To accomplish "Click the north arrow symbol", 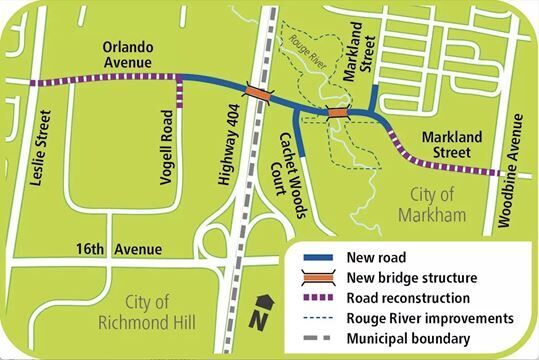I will point(262,309).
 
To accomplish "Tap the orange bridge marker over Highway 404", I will point(258,93).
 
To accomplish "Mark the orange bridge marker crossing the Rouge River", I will point(337,112).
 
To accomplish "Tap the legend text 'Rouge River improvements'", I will point(430,318).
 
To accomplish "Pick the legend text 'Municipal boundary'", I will point(409,338).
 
